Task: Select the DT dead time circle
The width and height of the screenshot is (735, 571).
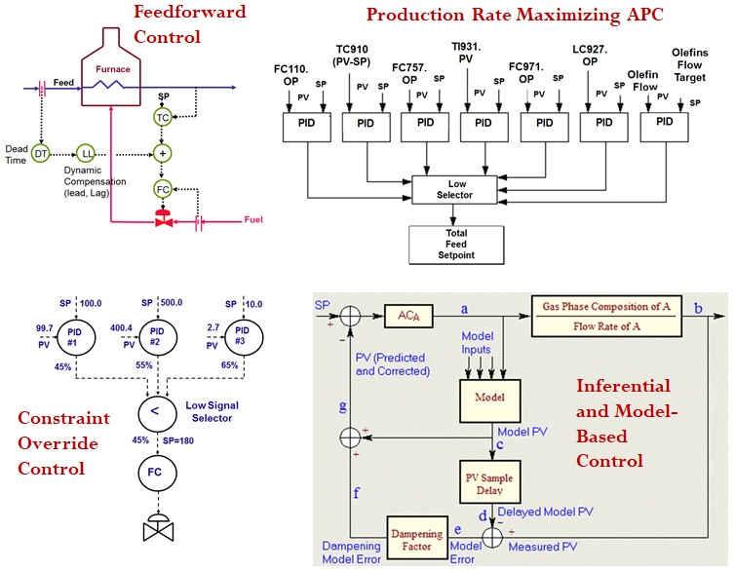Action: [42, 154]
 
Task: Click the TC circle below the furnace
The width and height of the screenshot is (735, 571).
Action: [163, 117]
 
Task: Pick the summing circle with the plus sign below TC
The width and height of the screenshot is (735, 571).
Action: [163, 154]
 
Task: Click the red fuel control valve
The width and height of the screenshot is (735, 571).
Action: [163, 220]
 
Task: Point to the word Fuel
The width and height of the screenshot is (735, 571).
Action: [252, 220]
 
